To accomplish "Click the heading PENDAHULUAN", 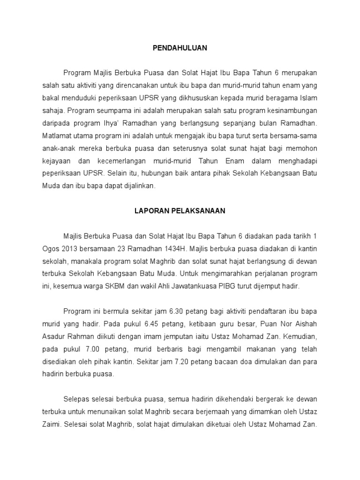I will [x=180, y=48].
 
